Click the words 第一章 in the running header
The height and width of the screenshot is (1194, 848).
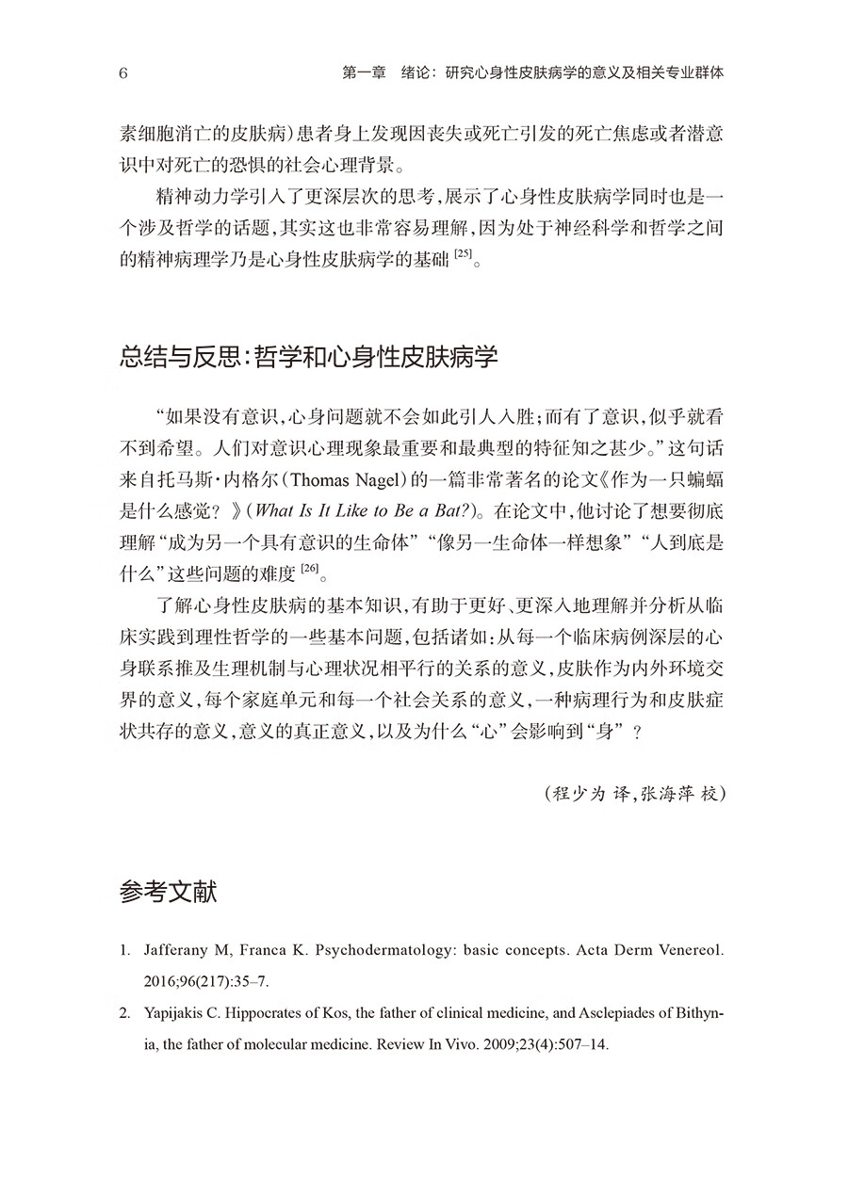click(364, 73)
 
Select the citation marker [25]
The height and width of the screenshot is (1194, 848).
click(461, 256)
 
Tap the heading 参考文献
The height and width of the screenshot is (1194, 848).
click(170, 891)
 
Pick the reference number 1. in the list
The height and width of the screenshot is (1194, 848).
click(125, 951)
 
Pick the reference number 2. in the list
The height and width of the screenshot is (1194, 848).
click(125, 1013)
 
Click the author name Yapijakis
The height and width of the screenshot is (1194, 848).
click(179, 1013)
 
